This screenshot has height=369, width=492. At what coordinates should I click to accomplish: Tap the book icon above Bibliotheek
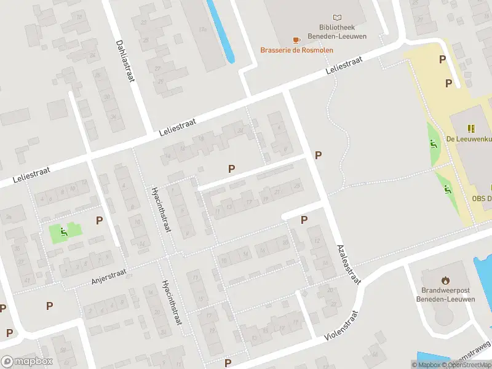coord(337,17)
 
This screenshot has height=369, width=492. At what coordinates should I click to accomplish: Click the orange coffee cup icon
coord(296,40)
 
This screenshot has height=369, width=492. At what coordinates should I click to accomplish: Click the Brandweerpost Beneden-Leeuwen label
coord(448,294)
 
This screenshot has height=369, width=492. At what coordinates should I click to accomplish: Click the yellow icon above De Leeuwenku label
coord(471,129)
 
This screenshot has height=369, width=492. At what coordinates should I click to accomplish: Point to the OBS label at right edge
coord(482,199)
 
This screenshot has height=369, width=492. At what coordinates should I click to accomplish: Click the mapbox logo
coord(27,362)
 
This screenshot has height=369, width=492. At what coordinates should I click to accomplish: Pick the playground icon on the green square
coord(63,231)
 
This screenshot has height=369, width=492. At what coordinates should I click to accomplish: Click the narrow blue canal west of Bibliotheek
coord(222,31)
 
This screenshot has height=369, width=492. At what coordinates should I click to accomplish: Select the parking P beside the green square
coord(99,220)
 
